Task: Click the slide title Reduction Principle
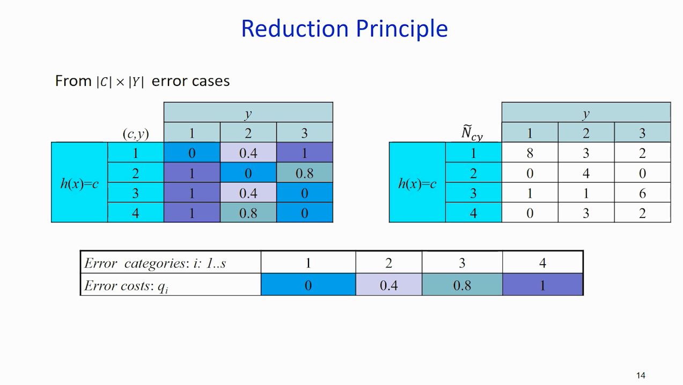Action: tap(344, 28)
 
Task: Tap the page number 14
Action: tap(641, 375)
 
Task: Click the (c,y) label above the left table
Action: tap(136, 134)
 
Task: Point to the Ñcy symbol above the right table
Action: tap(472, 133)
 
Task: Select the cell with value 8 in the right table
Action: tap(530, 153)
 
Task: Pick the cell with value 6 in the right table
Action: tap(642, 193)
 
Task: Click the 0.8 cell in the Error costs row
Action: tap(462, 285)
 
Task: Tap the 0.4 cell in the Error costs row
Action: tap(388, 285)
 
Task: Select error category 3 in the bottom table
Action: tap(462, 263)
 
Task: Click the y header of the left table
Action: tap(248, 113)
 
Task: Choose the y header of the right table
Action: tap(586, 113)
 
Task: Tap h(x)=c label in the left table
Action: tap(79, 183)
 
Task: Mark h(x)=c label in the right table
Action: tap(417, 183)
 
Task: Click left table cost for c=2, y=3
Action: tap(304, 173)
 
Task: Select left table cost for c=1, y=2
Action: tap(248, 153)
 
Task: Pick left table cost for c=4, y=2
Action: tap(248, 213)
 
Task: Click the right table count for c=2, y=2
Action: tap(586, 173)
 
